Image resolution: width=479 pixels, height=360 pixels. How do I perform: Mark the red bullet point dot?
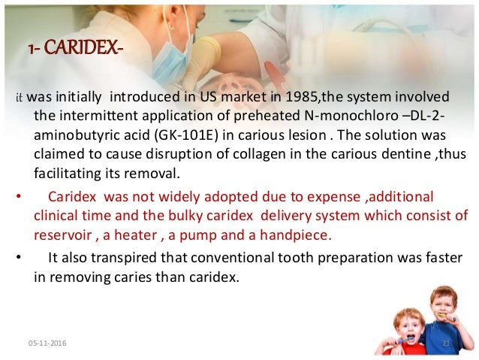click(x=18, y=198)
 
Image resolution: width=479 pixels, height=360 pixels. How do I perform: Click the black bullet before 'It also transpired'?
click(x=18, y=258)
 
